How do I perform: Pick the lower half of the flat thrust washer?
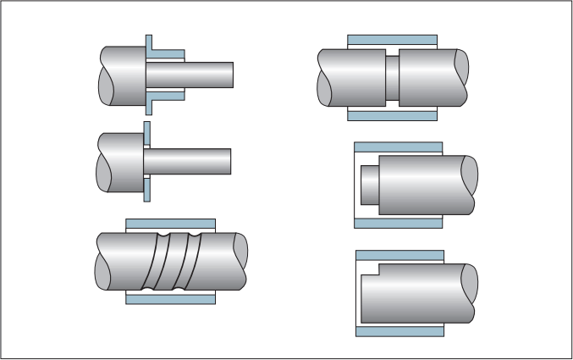pyautogui.click(x=147, y=188)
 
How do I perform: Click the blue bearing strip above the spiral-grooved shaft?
pyautogui.click(x=171, y=224)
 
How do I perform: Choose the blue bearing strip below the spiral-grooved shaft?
pyautogui.click(x=171, y=298)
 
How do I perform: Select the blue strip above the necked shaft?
pyautogui.click(x=392, y=41)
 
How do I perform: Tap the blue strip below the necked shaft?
pyautogui.click(x=392, y=114)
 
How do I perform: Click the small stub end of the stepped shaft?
pyautogui.click(x=369, y=184)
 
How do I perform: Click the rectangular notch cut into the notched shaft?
pyautogui.click(x=369, y=270)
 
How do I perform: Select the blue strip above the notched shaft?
pyautogui.click(x=399, y=255)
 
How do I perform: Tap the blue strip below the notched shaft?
pyautogui.click(x=399, y=331)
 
